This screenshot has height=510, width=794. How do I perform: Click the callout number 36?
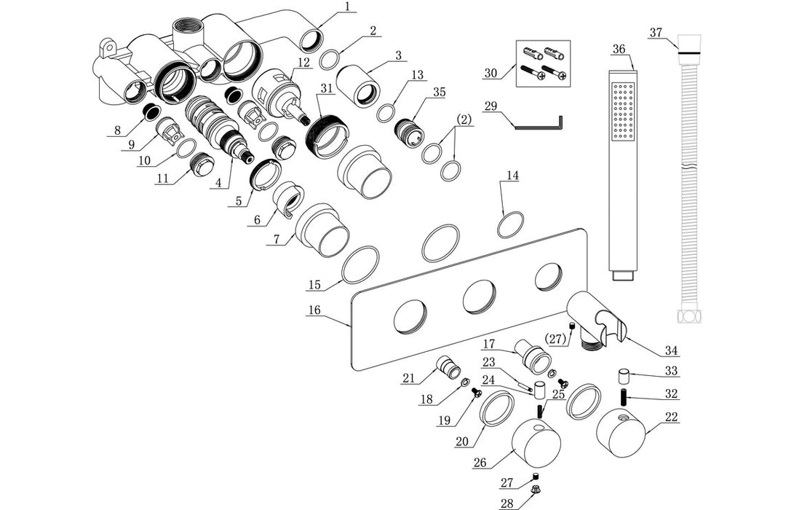click(x=619, y=50)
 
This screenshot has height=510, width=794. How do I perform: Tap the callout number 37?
click(x=656, y=32)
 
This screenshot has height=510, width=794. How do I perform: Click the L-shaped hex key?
click(x=539, y=126)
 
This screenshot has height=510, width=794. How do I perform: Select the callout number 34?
click(x=670, y=351)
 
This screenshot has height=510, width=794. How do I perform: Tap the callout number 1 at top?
click(x=347, y=7)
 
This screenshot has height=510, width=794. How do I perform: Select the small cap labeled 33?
click(x=624, y=377)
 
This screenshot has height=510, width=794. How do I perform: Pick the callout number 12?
click(x=303, y=63)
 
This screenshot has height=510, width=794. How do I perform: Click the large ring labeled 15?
click(x=360, y=264)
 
